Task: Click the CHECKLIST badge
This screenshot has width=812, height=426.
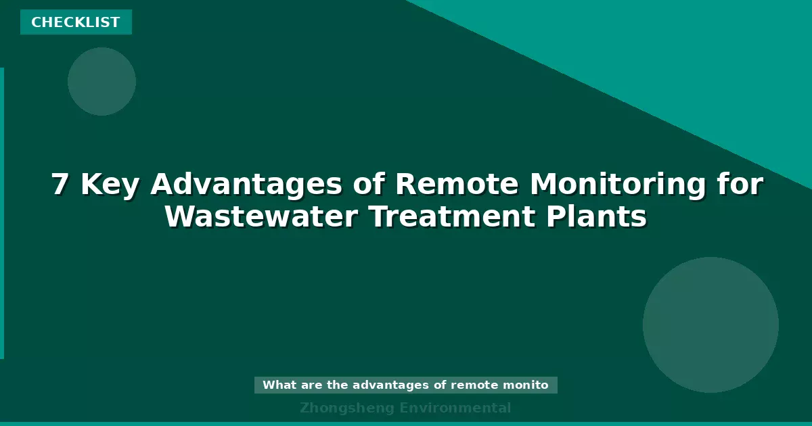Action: tap(76, 22)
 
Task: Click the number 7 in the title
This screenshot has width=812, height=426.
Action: tap(60, 185)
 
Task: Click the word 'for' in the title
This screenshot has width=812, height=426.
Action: tap(738, 185)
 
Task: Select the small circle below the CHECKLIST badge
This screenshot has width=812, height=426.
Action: tap(101, 81)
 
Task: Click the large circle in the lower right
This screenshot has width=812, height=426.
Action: tap(710, 325)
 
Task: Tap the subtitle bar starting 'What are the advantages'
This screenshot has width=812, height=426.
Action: tap(406, 385)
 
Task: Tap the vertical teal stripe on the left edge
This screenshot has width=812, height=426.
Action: tap(2, 213)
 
